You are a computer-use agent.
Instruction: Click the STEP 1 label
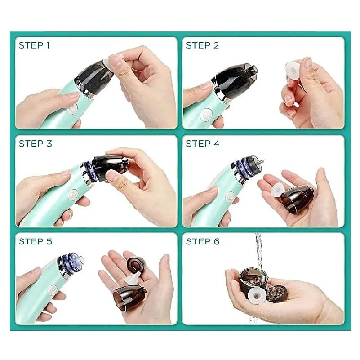[34, 45]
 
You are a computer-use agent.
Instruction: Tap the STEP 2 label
[202, 45]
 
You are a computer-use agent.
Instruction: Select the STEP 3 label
[36, 144]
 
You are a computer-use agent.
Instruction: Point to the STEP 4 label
[203, 144]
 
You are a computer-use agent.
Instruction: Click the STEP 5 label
[36, 241]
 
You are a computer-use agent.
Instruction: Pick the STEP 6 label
[203, 241]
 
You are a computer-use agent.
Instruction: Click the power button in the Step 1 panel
[73, 109]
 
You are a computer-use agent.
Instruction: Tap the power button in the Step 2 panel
[205, 115]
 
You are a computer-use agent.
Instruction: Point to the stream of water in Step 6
[259, 253]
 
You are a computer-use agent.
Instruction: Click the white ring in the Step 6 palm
[257, 295]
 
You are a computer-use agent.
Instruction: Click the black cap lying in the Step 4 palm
[297, 199]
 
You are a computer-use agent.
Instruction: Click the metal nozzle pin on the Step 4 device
[260, 161]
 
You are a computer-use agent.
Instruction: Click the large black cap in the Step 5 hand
[129, 298]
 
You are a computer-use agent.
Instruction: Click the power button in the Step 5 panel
[53, 290]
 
